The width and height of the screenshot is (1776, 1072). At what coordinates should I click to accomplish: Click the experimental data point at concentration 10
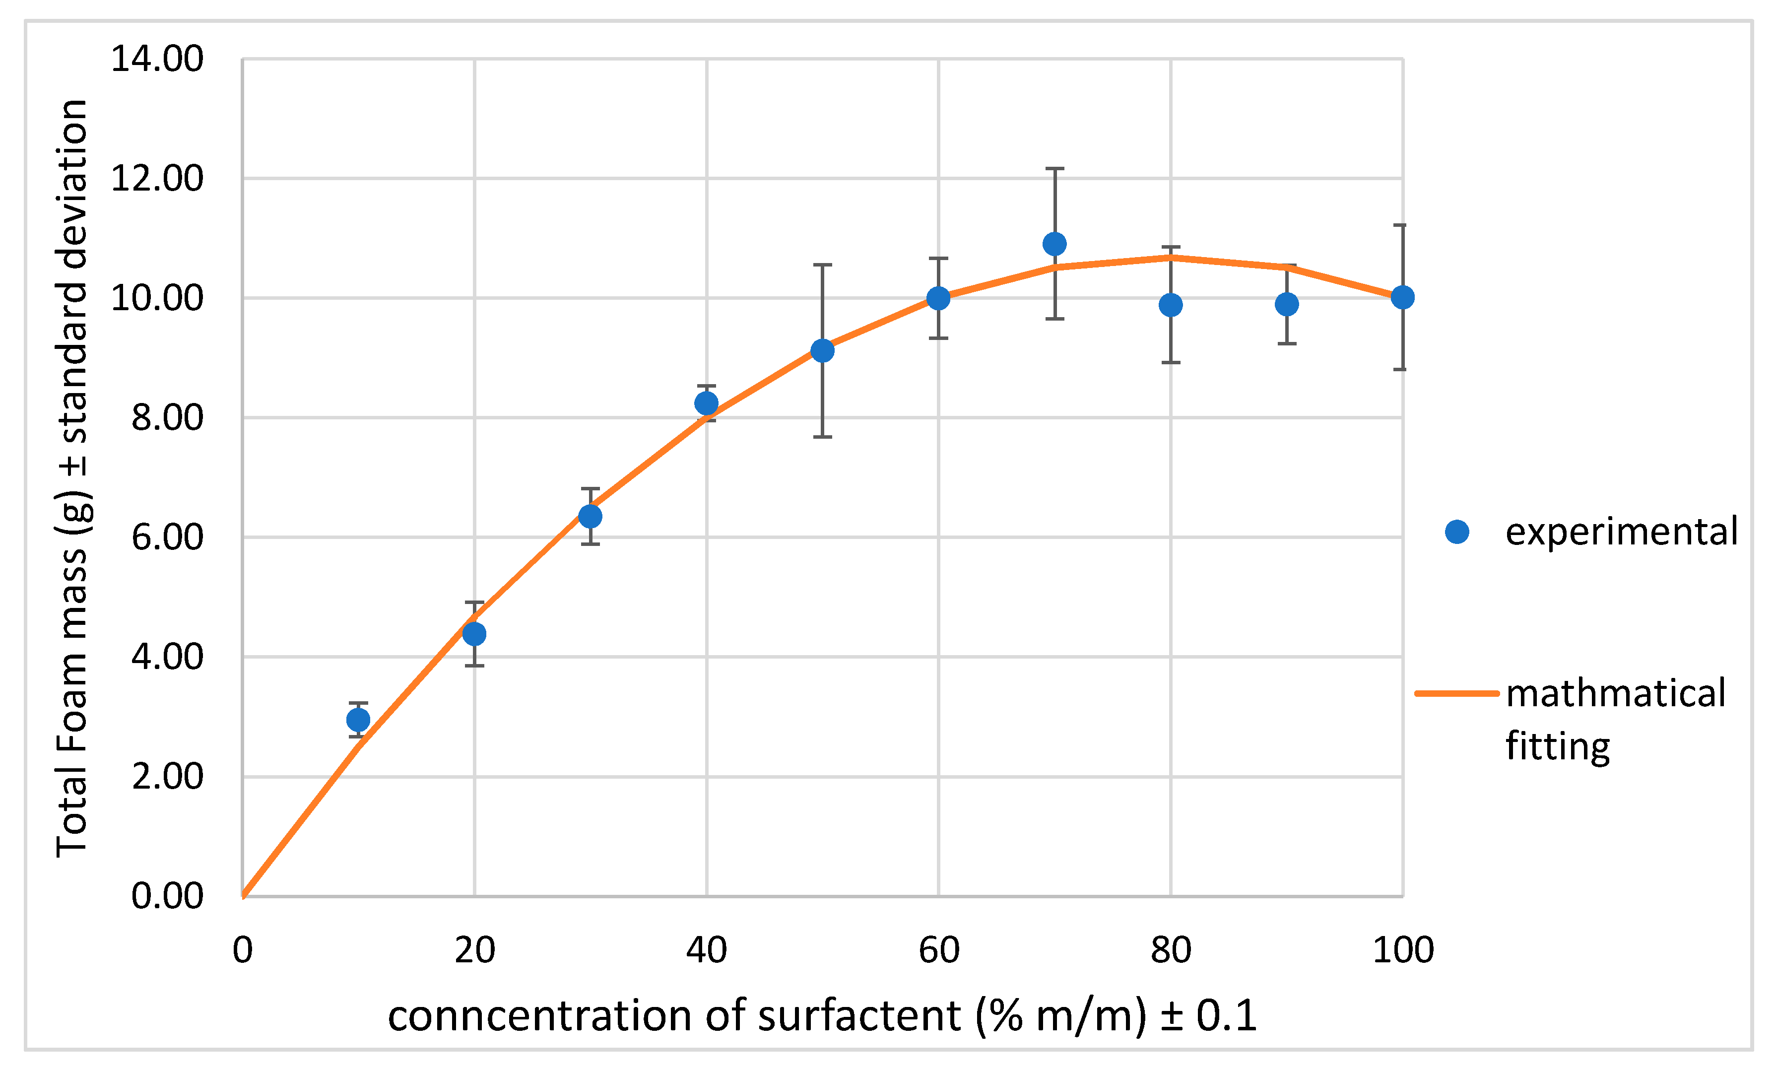[x=358, y=720]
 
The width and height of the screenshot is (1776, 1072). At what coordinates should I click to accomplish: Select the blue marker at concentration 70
[x=1054, y=244]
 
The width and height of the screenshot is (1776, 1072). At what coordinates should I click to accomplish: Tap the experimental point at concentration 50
[x=822, y=350]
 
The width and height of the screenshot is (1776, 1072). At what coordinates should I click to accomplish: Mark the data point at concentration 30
[x=591, y=516]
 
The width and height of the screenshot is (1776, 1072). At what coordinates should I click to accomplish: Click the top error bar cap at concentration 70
[x=1054, y=169]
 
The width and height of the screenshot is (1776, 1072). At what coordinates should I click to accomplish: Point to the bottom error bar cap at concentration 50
[x=822, y=437]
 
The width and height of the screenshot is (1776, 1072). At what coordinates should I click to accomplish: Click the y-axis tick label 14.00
[x=157, y=59]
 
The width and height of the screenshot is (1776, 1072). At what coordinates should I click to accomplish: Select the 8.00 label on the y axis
[x=167, y=417]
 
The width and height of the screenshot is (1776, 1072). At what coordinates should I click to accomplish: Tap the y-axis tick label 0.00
[x=167, y=896]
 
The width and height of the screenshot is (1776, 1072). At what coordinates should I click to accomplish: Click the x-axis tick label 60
[x=938, y=950]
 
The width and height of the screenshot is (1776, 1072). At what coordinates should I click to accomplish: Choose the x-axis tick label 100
[x=1403, y=950]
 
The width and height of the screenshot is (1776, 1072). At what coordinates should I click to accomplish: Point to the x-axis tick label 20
[x=474, y=950]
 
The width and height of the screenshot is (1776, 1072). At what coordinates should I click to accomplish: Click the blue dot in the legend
[x=1457, y=532]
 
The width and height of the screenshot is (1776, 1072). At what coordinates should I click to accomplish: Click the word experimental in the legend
[x=1622, y=532]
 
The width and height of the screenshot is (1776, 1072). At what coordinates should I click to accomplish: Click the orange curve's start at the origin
[x=244, y=895]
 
